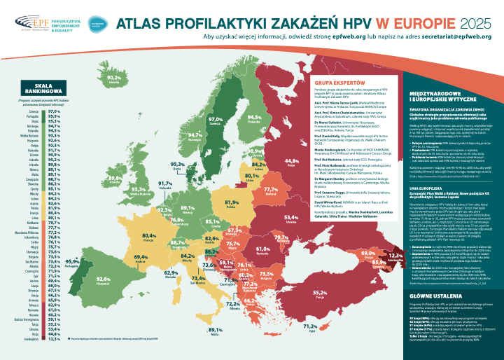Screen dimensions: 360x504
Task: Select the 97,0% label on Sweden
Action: coord(216,120)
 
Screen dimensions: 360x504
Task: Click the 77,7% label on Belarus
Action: coord(272,189)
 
